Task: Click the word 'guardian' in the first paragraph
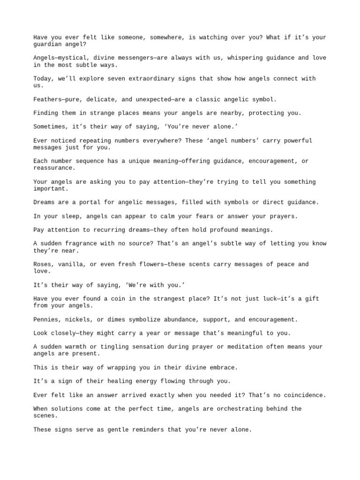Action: tap(48, 45)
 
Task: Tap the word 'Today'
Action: tap(43, 79)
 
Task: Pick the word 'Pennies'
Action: tap(46, 320)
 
